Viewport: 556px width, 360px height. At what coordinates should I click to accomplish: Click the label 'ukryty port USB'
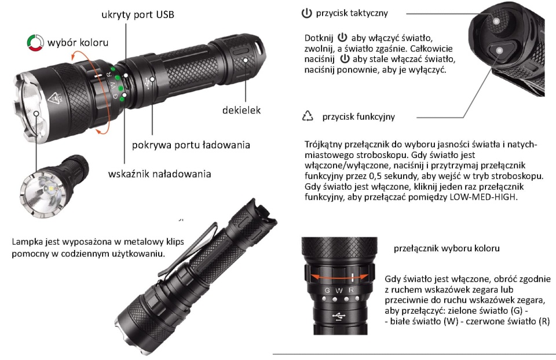click(x=138, y=14)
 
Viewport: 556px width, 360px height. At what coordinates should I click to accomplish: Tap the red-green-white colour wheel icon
click(x=35, y=42)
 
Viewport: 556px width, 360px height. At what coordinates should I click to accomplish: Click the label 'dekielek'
click(x=241, y=110)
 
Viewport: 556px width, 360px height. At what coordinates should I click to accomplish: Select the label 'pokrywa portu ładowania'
click(x=191, y=145)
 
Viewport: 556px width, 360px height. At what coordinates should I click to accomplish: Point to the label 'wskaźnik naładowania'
click(x=160, y=174)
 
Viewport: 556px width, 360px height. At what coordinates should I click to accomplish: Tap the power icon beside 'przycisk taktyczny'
click(x=306, y=13)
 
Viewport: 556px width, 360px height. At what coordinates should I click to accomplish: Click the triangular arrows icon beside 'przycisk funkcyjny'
click(x=308, y=116)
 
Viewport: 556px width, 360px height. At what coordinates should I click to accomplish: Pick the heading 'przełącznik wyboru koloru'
click(x=447, y=248)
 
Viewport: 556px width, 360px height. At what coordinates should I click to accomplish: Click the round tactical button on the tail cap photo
click(x=496, y=21)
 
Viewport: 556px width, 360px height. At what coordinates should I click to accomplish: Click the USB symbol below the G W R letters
click(x=339, y=315)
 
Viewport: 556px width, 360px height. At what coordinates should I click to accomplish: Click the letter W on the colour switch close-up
click(x=339, y=291)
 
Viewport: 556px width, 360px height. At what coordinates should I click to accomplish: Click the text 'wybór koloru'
click(x=78, y=43)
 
